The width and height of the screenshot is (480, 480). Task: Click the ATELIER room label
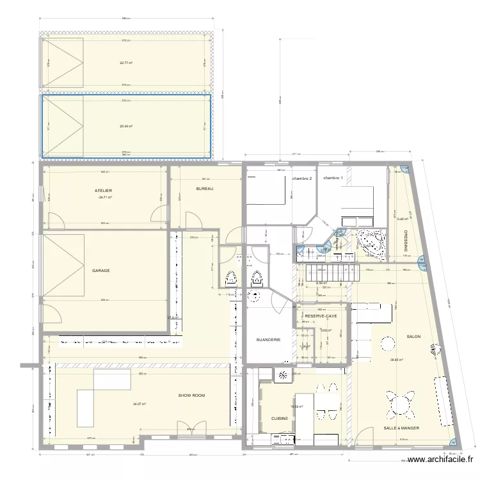103,191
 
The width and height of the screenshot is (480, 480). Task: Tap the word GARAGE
100,271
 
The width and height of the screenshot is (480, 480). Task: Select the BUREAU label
205,189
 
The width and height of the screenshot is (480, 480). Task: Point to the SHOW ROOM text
191,396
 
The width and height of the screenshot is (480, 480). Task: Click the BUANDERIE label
268,340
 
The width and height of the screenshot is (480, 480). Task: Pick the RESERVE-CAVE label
321,316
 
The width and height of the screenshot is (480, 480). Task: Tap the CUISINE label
279,419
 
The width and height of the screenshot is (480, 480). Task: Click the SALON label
413,337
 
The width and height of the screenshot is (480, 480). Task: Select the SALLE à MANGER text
401,428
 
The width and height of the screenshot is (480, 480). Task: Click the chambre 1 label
333,178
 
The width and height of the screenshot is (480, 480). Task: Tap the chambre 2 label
301,179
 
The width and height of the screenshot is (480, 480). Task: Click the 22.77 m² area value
125,63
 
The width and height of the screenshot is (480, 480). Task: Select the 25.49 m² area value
125,126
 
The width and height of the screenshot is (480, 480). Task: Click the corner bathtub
372,242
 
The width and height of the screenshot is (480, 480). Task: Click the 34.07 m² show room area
139,404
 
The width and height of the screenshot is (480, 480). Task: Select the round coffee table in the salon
387,344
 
